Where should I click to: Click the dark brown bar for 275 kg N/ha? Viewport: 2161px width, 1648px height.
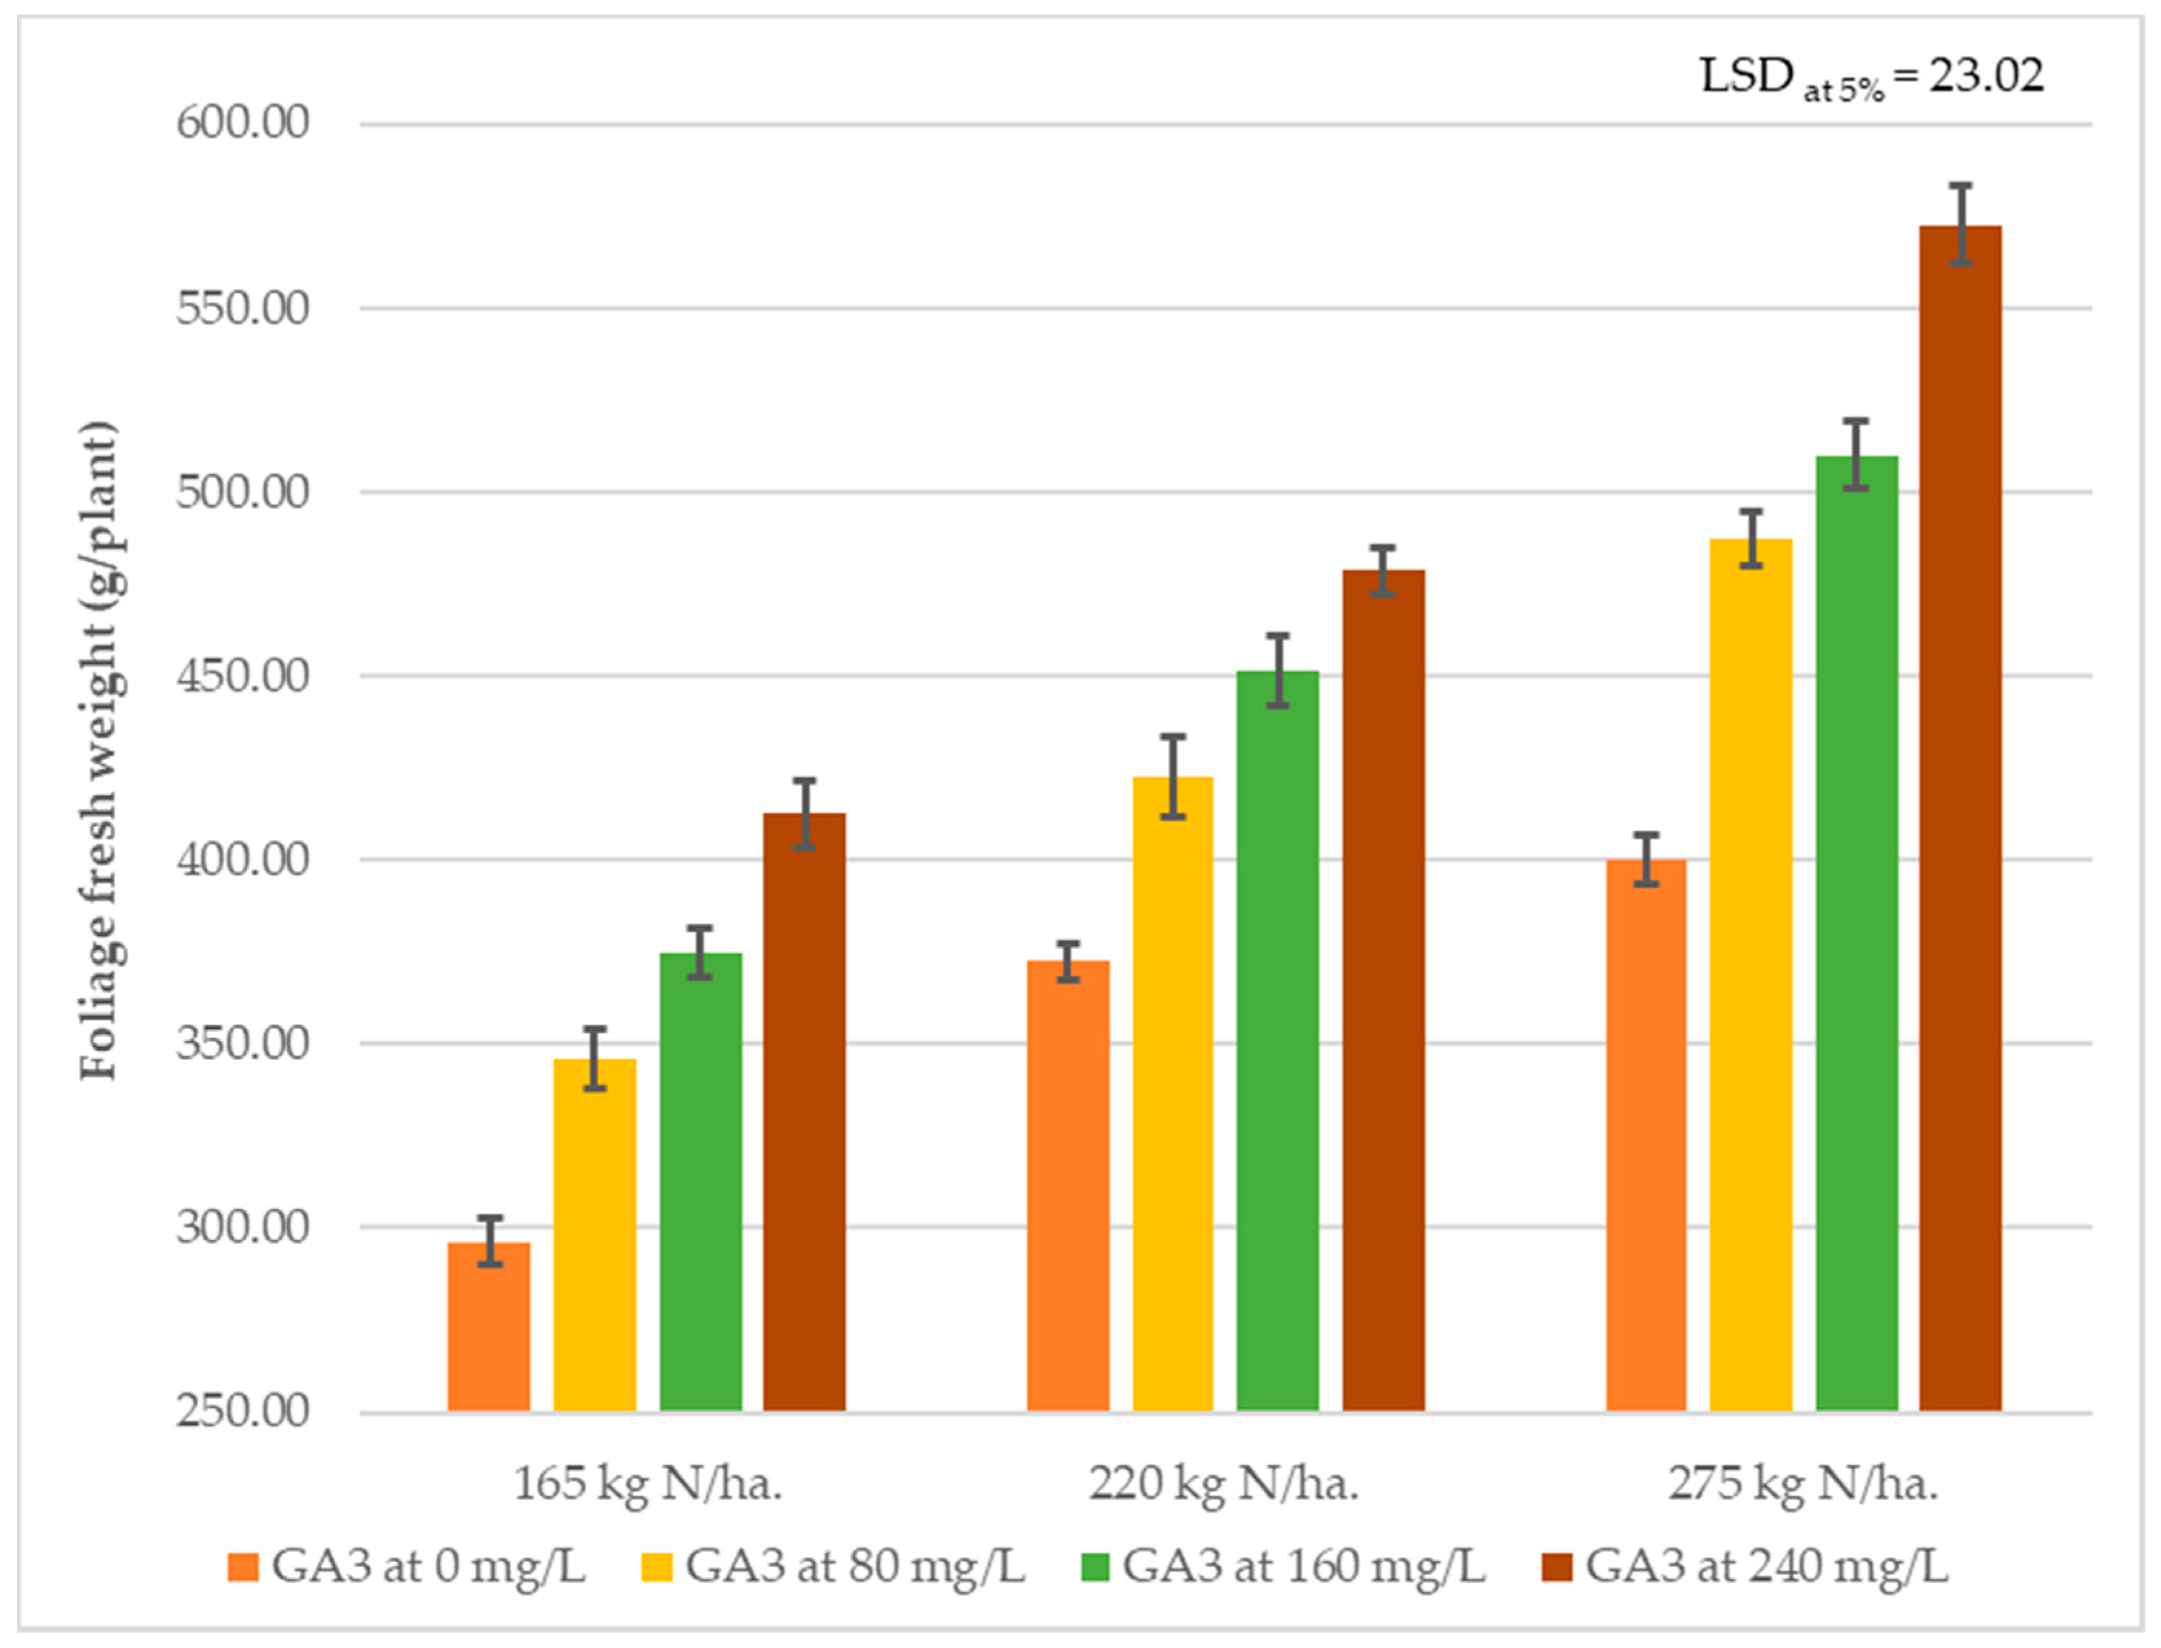pos(1960,819)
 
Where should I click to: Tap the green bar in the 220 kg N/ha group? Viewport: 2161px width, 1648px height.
pos(1277,1042)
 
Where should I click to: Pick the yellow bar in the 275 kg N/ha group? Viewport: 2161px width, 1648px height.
pos(1751,976)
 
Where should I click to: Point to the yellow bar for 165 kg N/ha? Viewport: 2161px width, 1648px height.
pos(594,1236)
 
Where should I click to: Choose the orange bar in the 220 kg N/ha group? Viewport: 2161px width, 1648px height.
pos(1069,1187)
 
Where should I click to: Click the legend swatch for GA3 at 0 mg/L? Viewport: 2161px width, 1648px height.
pos(243,1567)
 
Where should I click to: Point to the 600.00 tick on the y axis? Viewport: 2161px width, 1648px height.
pos(243,124)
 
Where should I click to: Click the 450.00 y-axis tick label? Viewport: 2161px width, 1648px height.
pos(243,676)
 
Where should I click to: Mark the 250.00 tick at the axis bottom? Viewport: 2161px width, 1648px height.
pos(243,1411)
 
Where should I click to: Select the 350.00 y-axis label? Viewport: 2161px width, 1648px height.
pos(243,1044)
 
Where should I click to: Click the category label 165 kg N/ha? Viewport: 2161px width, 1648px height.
pos(647,1484)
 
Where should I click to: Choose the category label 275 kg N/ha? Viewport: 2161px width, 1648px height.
pos(1803,1484)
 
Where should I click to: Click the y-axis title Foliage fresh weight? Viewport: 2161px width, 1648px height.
pos(98,750)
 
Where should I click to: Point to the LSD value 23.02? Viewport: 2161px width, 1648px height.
pos(1986,76)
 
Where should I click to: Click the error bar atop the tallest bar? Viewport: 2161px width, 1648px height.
pos(1960,224)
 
